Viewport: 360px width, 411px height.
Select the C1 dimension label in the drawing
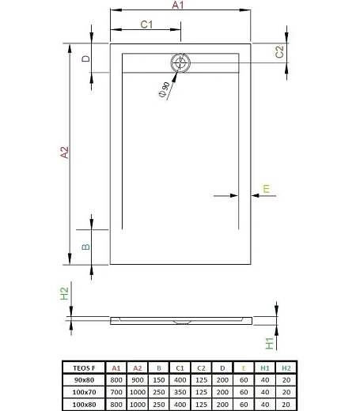pyautogui.click(x=146, y=25)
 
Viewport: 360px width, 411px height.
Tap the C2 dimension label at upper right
pyautogui.click(x=279, y=52)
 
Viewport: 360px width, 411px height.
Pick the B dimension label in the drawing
pyautogui.click(x=85, y=247)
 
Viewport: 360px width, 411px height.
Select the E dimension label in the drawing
pyautogui.click(x=267, y=187)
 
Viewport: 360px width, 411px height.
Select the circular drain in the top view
pyautogui.click(x=180, y=63)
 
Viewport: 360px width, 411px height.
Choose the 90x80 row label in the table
pyautogui.click(x=82, y=379)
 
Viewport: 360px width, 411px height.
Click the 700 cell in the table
pyautogui.click(x=116, y=391)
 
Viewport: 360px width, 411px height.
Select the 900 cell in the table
pyautogui.click(x=137, y=379)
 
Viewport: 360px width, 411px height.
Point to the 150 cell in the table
pyautogui.click(x=158, y=379)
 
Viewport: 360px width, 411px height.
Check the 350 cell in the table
pyautogui.click(x=180, y=391)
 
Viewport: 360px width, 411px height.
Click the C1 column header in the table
pyautogui.click(x=180, y=368)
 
